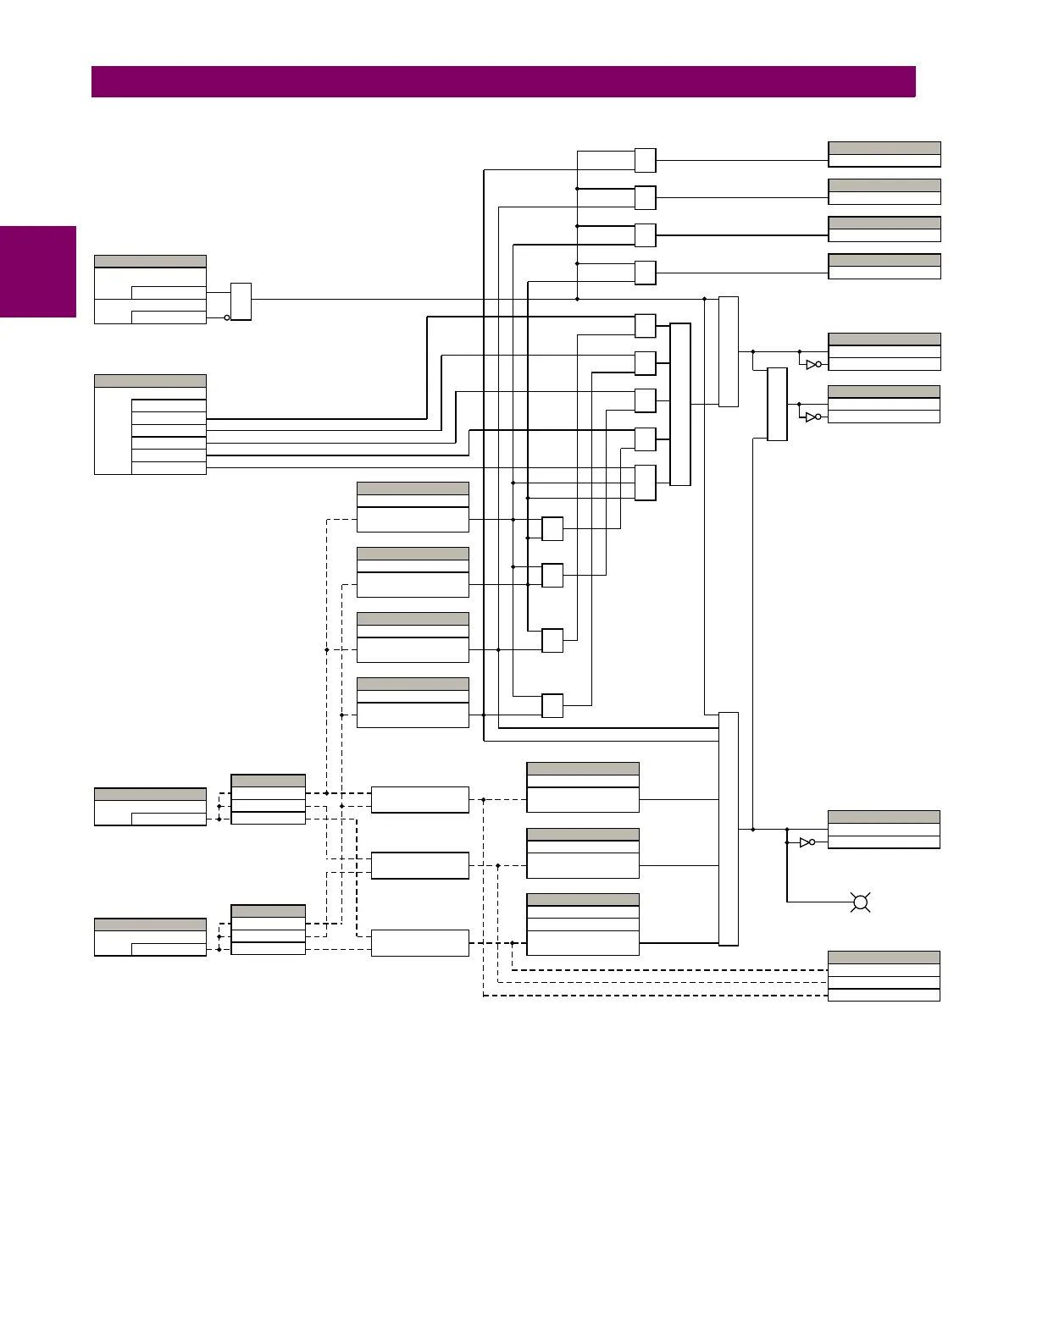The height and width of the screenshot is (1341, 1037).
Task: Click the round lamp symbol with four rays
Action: tap(861, 902)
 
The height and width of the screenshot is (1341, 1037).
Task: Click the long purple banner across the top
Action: tap(503, 82)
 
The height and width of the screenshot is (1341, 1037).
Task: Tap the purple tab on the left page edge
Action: tap(38, 271)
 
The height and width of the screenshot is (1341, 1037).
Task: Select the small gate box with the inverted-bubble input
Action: tap(241, 301)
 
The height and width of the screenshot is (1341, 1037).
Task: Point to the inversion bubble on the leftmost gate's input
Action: tap(227, 317)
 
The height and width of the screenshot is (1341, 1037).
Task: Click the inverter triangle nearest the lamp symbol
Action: tap(805, 842)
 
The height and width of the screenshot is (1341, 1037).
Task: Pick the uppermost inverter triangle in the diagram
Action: tap(812, 364)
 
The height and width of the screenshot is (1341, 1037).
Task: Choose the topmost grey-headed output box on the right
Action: tap(884, 154)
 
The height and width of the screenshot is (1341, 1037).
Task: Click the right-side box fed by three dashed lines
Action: tap(884, 976)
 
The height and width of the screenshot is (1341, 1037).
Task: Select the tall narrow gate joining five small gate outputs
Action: tap(679, 404)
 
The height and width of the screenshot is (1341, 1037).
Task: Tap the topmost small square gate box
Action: tap(645, 160)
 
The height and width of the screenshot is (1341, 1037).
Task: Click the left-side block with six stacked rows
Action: tap(150, 424)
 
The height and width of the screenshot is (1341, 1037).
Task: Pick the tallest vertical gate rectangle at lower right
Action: tap(729, 828)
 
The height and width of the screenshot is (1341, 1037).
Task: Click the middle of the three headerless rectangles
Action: tap(419, 865)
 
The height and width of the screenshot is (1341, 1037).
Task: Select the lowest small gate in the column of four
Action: tap(552, 705)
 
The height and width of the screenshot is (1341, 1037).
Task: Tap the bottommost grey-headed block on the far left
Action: tap(150, 937)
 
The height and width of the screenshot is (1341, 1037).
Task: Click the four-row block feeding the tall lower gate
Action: tap(583, 924)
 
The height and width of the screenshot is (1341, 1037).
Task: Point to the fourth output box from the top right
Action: tap(884, 267)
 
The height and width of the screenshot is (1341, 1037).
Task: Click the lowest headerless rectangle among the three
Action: tap(419, 942)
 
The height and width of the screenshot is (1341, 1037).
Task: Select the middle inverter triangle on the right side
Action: tap(812, 417)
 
